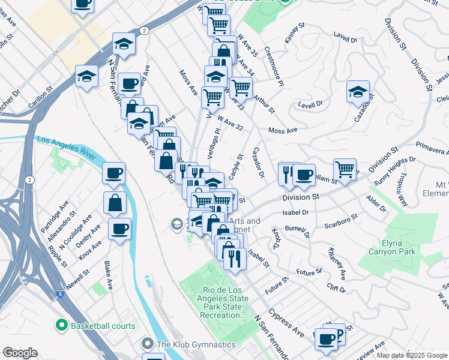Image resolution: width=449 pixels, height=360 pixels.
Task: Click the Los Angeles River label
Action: (65, 147)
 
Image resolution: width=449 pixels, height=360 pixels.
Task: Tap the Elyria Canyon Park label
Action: (390, 248)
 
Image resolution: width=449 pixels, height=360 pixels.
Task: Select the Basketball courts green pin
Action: (61, 326)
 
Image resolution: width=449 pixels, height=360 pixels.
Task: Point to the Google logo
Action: (20, 353)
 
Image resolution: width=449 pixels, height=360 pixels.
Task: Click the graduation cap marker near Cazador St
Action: (358, 92)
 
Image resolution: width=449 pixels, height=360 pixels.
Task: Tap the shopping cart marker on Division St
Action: (345, 170)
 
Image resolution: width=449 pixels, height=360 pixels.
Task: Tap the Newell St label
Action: (78, 281)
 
